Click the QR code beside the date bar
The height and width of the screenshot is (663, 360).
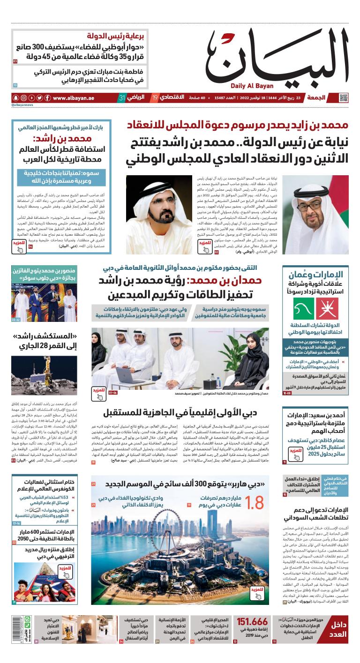[x=344, y=97]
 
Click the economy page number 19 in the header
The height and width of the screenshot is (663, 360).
[x=155, y=98]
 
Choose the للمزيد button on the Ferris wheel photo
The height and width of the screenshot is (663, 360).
[x=256, y=592]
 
